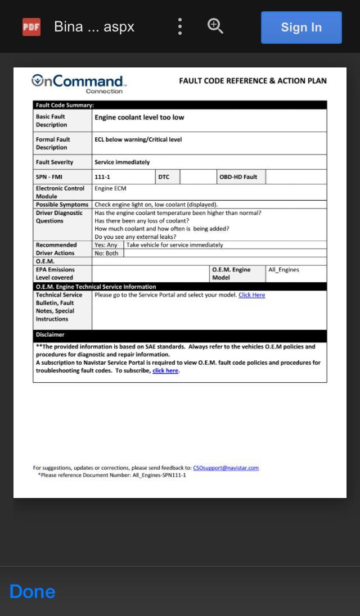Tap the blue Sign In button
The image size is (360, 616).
(301, 28)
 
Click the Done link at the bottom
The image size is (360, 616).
(32, 591)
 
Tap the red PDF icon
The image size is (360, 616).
(31, 27)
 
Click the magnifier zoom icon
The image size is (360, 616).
(215, 26)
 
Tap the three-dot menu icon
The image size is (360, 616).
(180, 26)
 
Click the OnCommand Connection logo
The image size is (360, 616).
(79, 84)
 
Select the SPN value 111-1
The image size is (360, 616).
(102, 177)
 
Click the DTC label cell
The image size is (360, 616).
(164, 177)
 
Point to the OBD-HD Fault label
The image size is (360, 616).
(238, 177)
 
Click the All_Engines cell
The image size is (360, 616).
(283, 270)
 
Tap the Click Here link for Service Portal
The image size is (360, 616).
(251, 295)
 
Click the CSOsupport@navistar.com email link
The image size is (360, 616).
(226, 468)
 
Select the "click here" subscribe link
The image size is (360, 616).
(165, 371)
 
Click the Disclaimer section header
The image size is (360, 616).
(50, 335)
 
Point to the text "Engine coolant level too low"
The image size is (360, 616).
(139, 117)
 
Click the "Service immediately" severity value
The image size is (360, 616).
(122, 162)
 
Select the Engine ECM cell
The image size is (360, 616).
(110, 189)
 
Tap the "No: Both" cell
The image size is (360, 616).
(106, 253)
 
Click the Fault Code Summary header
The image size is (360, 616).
(65, 105)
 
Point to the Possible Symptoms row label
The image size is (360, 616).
(62, 205)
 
